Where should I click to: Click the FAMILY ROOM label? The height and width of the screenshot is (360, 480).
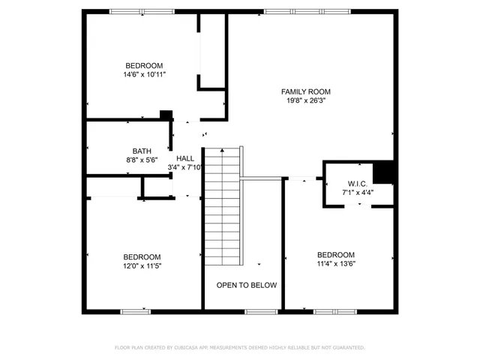305,91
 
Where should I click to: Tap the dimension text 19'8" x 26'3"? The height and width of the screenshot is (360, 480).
305,101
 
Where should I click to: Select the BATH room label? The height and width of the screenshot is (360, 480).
142,150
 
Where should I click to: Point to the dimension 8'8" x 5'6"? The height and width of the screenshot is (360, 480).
142,160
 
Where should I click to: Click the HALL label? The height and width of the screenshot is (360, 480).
185,158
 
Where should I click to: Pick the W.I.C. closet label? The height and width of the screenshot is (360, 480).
357,183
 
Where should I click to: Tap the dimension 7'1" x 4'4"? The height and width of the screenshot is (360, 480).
357,193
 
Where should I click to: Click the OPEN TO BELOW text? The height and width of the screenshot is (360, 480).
247,285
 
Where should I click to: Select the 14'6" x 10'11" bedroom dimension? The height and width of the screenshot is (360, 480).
144,75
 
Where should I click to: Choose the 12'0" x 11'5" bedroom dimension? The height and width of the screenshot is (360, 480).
142,265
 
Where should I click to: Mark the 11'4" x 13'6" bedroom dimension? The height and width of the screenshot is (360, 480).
335,264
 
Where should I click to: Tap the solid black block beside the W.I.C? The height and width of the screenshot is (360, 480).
384,172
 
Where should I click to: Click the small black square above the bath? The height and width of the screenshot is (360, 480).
166,115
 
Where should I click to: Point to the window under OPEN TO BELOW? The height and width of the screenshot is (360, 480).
260,311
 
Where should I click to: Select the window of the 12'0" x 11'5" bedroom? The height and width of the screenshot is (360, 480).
136,311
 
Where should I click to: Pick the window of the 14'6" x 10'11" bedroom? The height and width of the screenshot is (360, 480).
139,11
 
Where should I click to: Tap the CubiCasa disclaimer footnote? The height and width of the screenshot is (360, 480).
240,347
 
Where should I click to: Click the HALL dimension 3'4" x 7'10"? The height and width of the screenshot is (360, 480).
185,168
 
